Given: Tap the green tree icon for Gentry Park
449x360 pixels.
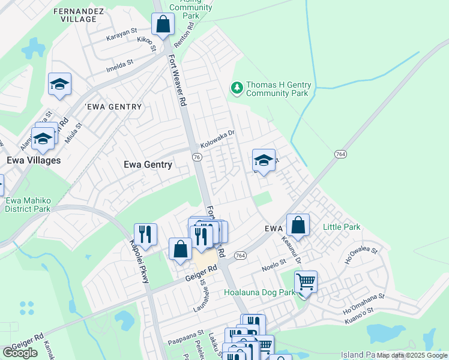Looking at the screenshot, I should [237, 88].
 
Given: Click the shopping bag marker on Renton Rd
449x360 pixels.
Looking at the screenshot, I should [163, 25].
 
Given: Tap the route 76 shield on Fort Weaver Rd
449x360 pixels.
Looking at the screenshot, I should [196, 156].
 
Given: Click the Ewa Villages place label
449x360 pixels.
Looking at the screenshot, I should [34, 161].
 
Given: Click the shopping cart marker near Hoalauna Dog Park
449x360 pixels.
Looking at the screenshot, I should [306, 282].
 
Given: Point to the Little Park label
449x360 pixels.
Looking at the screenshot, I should [342, 227].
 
